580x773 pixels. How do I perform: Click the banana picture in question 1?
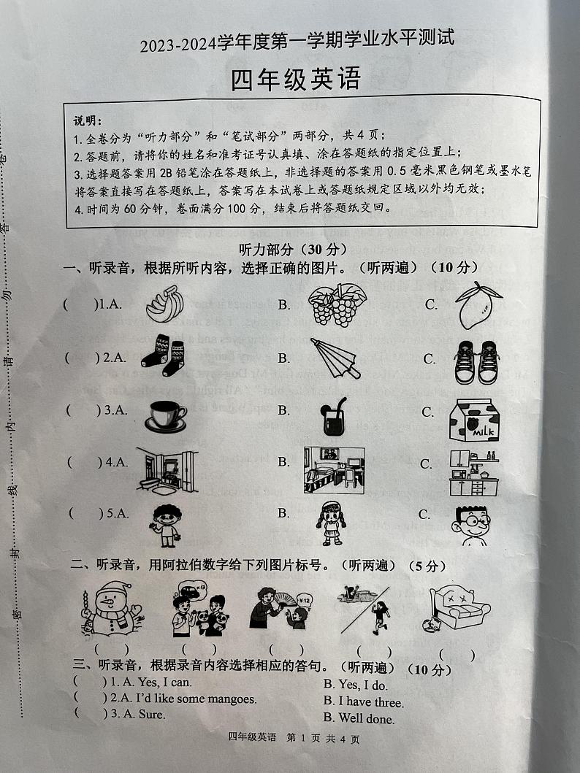pos(164,304)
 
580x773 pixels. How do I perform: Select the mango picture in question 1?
pos(478,304)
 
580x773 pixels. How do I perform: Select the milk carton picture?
pos(473,420)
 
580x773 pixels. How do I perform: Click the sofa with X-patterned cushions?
pos(458,609)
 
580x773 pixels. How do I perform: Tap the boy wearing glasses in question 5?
pos(474,525)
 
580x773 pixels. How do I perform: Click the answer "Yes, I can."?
pos(161,682)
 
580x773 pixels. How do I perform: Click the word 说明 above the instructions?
pos(88,119)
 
